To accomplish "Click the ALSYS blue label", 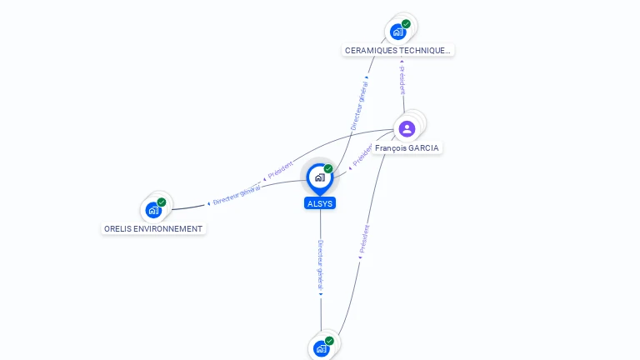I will [320, 203].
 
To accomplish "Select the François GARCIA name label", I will [407, 148].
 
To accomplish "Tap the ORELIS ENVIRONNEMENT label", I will [153, 228].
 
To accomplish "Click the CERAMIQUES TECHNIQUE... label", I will [397, 50].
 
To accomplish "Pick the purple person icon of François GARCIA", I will [407, 128].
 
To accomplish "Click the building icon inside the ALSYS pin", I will [319, 177].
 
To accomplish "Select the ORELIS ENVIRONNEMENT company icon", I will [152, 210].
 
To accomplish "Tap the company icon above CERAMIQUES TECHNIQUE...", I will [397, 32].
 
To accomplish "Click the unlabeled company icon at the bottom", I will [320, 348].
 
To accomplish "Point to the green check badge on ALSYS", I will [328, 168].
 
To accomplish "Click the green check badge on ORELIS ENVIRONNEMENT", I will [162, 202].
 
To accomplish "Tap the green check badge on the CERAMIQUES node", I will [406, 24].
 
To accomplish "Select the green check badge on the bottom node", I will [329, 341].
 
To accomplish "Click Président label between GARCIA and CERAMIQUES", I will [402, 80].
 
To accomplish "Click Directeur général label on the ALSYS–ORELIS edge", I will [236, 194].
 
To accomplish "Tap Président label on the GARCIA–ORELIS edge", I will [280, 169].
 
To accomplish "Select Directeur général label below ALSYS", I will [320, 267].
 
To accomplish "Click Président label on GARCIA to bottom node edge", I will [363, 240].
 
